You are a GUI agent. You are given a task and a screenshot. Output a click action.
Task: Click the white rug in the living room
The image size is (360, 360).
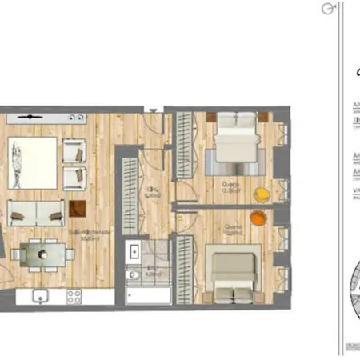click(33, 163)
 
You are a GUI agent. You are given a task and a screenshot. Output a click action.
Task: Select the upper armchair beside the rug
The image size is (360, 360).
click(74, 150)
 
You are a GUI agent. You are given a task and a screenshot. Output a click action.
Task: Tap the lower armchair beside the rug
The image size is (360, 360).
click(74, 176)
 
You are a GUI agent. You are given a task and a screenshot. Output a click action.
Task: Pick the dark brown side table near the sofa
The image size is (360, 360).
click(78, 209)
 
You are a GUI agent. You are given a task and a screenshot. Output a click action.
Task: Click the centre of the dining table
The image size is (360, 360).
click(40, 254)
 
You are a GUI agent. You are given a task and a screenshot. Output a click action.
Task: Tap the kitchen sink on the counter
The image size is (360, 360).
click(41, 296)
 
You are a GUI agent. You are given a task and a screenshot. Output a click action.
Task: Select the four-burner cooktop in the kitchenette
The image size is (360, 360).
click(74, 296)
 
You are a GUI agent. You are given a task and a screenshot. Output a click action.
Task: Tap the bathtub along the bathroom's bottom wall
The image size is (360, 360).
click(148, 295)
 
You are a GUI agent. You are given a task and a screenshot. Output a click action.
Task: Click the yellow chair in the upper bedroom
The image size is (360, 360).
click(262, 194)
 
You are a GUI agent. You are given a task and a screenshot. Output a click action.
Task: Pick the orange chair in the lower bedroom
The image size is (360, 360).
click(256, 217)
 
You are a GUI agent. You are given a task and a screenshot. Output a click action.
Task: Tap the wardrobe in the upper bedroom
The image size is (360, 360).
click(185, 144)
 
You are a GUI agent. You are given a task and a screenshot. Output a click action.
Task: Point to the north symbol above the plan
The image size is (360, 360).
click(326, 9)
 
